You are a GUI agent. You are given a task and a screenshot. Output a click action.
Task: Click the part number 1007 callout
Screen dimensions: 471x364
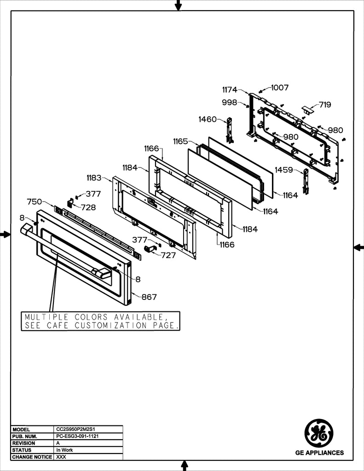point(280,87)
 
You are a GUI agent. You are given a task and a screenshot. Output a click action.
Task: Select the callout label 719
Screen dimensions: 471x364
point(325,104)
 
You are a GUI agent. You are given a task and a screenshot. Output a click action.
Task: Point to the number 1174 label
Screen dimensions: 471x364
point(230,90)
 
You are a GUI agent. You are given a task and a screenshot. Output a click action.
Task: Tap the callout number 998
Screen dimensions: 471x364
point(230,102)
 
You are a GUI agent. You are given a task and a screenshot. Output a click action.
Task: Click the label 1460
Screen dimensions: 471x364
point(208,119)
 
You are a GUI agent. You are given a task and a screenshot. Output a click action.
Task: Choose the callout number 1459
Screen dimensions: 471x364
point(284,170)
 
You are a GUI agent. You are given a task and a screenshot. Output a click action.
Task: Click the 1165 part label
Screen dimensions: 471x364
point(180,141)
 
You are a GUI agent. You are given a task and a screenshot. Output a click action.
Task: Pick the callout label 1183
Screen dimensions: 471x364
point(94,177)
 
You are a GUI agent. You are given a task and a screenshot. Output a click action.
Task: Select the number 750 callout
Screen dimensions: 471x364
point(35,201)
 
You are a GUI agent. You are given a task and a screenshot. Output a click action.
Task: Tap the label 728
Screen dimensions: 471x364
point(88,207)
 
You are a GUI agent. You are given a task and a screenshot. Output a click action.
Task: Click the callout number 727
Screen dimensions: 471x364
point(168,255)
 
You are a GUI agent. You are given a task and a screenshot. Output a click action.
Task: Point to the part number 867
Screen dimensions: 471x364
point(149,297)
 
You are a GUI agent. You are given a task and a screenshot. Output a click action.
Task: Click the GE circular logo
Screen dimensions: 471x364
point(319,433)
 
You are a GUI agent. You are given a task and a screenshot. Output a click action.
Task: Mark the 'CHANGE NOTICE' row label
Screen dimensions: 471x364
point(32,457)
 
